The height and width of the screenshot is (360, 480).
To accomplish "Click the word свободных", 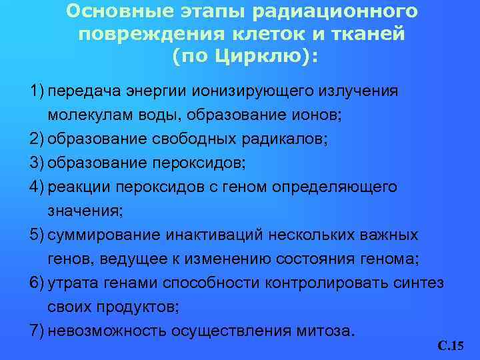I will (191, 139).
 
